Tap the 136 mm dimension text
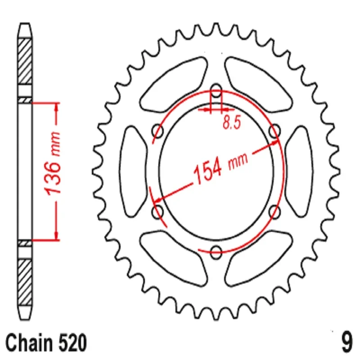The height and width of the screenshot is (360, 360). click(53, 163)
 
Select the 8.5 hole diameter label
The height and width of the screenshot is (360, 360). click(232, 122)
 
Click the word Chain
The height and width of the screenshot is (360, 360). click(29, 343)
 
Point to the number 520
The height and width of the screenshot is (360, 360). click(73, 343)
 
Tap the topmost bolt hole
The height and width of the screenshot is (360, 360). click(216, 91)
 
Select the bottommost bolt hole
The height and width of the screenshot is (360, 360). click(216, 252)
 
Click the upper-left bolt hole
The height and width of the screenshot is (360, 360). click(158, 131)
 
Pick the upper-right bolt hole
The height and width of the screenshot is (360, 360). click(274, 131)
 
